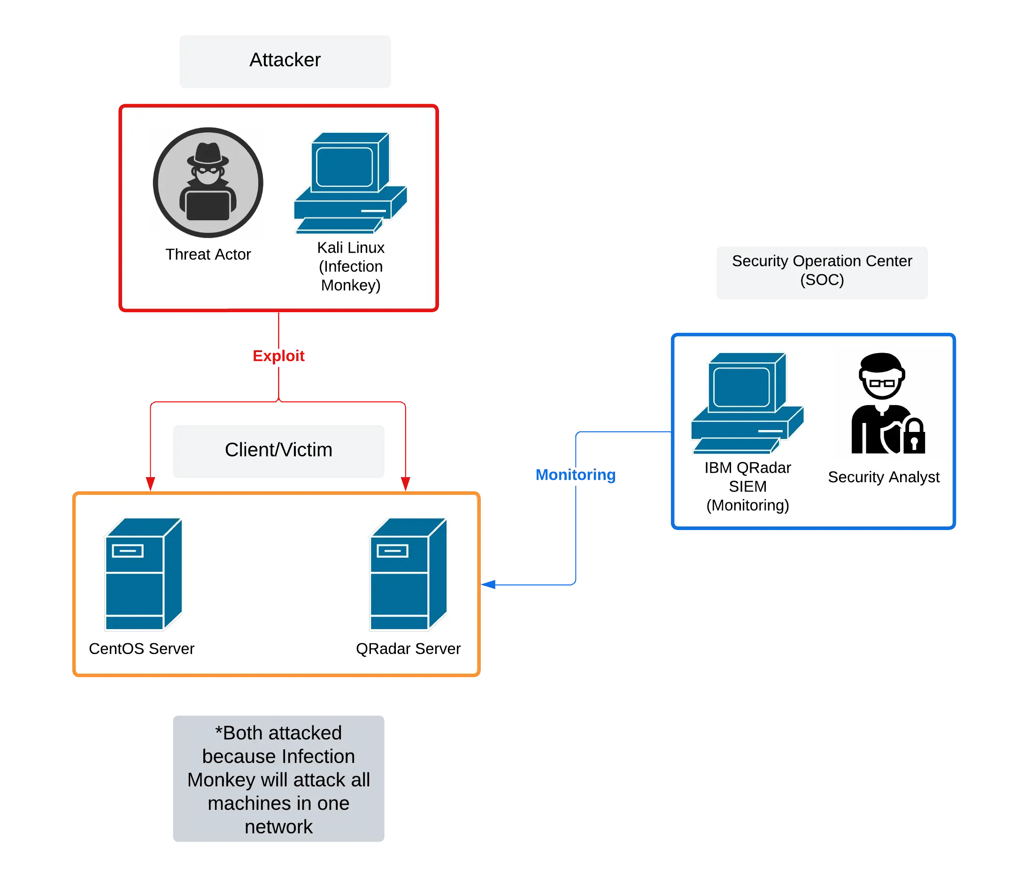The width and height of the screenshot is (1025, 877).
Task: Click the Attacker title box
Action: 285,62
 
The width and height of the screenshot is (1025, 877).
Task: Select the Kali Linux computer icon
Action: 350,183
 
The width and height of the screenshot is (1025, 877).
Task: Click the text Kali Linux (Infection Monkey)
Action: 351,266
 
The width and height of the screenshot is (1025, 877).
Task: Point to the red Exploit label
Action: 279,356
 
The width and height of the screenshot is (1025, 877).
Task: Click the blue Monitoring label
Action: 575,474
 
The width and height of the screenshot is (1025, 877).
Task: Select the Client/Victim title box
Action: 279,451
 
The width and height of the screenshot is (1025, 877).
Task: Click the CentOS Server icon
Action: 144,574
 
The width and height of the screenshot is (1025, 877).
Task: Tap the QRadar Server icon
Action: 408,574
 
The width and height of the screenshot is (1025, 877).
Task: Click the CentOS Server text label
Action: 141,648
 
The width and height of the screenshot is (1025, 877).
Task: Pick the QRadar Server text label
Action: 408,648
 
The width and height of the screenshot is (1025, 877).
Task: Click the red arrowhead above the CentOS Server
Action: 150,483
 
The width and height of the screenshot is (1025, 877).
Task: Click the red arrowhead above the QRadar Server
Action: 405,483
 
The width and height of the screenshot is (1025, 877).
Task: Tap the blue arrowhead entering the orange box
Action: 489,584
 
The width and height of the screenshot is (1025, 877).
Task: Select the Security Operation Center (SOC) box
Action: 822,271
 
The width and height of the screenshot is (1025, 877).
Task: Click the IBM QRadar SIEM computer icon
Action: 747,403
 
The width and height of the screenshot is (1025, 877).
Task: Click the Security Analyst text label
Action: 884,477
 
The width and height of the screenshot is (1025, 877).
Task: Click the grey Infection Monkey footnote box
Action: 279,779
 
